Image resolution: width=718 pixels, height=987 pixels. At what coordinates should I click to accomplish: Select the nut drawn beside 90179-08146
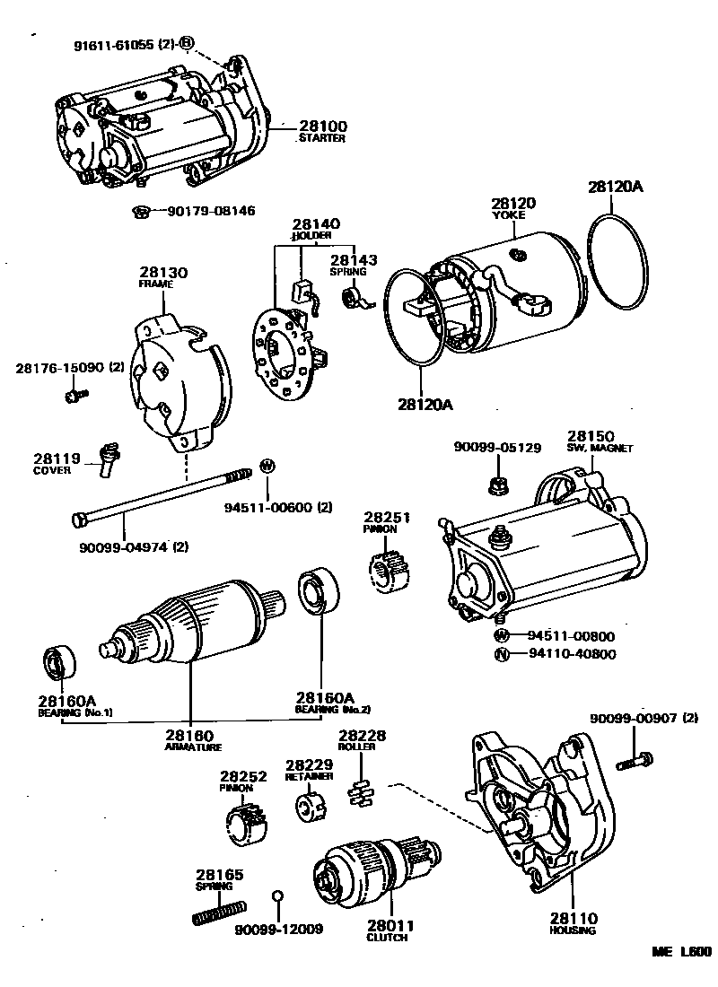tap(139, 212)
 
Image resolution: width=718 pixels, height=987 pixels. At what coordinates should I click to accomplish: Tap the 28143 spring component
tap(354, 297)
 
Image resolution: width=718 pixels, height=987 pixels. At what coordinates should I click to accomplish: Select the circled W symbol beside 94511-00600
tap(266, 466)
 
